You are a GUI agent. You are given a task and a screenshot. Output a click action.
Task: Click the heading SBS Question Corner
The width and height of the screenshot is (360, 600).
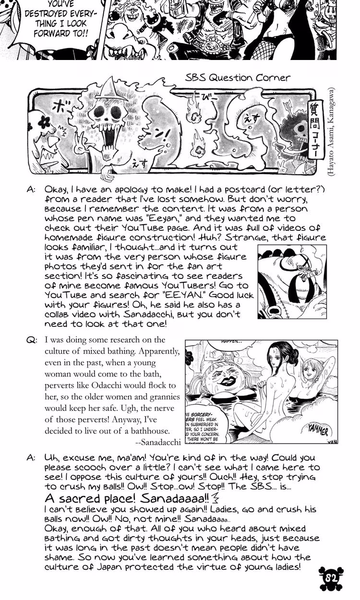(238, 78)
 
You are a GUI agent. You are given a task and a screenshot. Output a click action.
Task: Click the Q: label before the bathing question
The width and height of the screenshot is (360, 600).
(32, 340)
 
